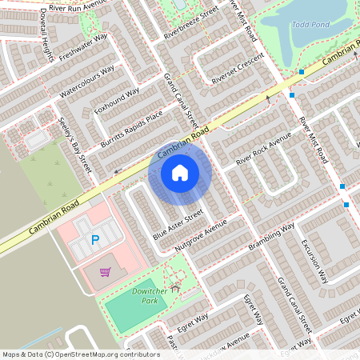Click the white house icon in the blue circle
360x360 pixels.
(x=179, y=173)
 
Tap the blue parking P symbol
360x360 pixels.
(x=95, y=240)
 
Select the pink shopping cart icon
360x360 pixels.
(x=105, y=272)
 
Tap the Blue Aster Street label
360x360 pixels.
(x=178, y=225)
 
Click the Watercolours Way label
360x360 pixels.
(x=87, y=81)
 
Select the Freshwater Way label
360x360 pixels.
(x=82, y=48)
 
